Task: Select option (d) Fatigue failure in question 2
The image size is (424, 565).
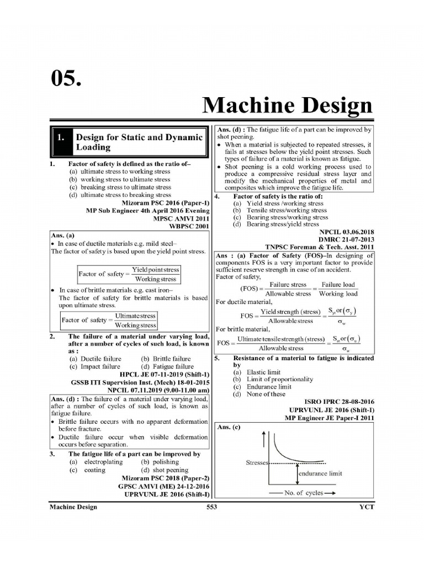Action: pos(167,366)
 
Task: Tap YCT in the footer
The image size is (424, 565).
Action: pos(366,507)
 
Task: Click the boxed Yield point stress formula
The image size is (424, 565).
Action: pos(129,274)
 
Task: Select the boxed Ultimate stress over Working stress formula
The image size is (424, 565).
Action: pos(109,320)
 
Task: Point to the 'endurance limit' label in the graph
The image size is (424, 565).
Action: pos(320,473)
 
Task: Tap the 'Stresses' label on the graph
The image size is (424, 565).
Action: pos(256,463)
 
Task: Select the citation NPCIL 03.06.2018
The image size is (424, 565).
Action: pos(346,232)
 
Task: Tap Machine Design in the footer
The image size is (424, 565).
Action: pos(73,507)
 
